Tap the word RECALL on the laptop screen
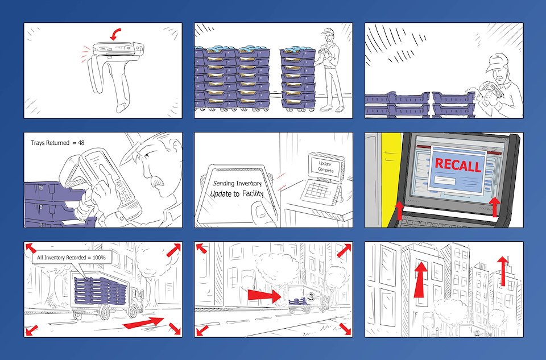(458, 165)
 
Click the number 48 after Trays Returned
(81, 143)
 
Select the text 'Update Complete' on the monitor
(325, 167)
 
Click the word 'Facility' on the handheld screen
(253, 193)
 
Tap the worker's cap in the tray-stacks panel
(328, 31)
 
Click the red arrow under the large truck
(143, 322)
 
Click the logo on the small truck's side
(309, 296)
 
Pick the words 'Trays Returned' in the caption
(50, 143)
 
